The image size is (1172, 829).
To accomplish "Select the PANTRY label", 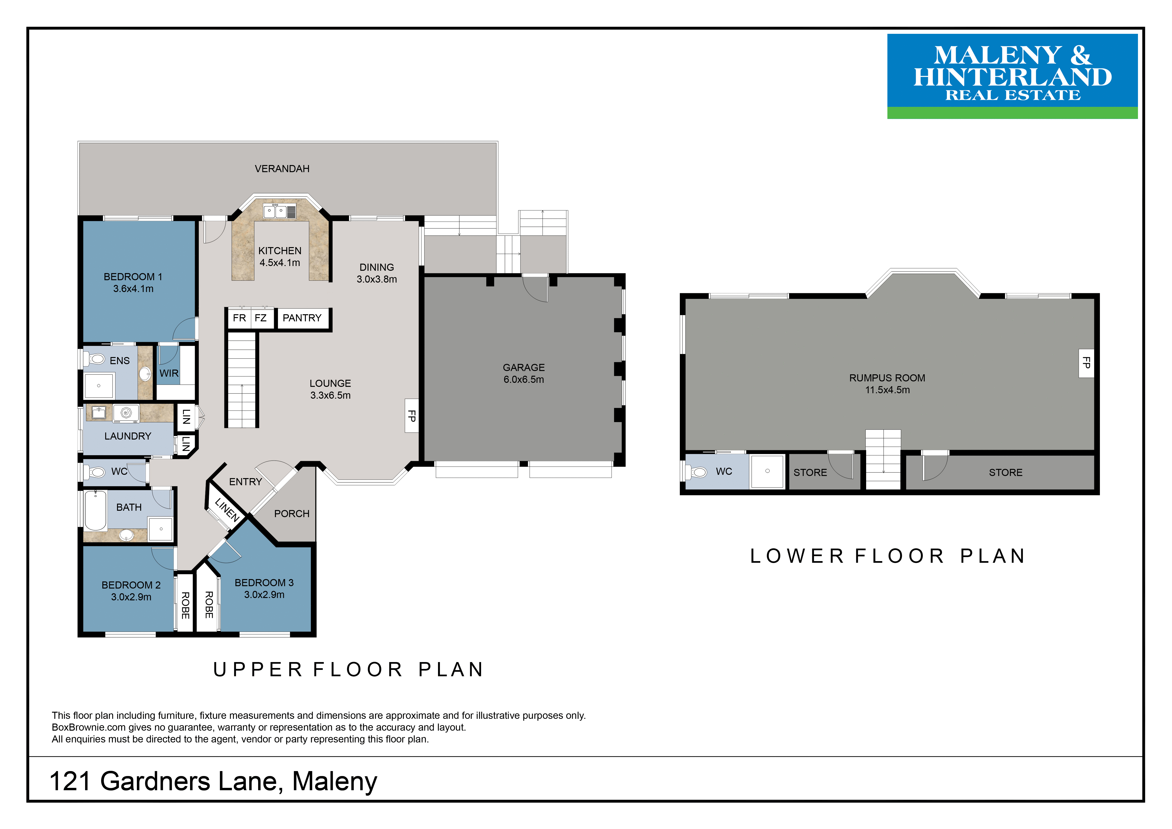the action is click(302, 318).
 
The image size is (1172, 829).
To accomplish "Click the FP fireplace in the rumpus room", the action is click(1086, 363).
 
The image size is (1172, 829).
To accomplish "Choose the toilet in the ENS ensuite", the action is click(95, 359).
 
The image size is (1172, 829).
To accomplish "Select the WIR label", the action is click(169, 373).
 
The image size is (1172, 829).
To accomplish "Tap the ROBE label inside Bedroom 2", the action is click(186, 605).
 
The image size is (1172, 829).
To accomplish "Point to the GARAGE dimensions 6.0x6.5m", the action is click(524, 379).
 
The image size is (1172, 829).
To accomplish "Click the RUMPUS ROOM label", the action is click(887, 378).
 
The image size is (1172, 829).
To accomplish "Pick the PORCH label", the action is click(292, 514).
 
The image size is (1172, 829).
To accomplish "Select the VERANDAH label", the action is click(282, 168).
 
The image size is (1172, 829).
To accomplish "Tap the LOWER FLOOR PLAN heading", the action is click(888, 556).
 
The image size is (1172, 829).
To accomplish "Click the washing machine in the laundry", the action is click(126, 414).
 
